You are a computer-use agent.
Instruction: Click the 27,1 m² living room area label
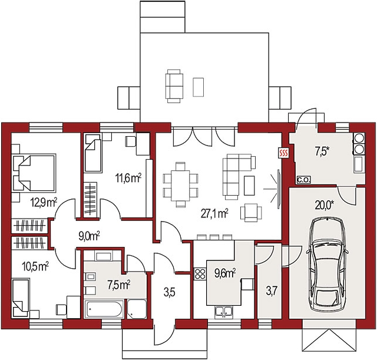214,213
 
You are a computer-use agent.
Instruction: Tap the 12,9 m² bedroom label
44,202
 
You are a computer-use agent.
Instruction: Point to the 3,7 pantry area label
272,291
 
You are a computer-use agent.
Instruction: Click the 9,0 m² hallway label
89,236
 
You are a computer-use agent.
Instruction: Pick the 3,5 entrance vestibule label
170,293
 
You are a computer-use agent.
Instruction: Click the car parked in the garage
327,265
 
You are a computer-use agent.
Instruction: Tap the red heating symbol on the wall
283,153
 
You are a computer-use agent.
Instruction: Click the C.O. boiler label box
304,180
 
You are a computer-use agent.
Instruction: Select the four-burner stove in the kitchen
200,274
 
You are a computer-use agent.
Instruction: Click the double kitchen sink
224,312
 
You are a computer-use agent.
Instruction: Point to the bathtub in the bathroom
104,309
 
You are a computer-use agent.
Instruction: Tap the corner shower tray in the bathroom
137,309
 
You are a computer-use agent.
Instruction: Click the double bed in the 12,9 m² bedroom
34,173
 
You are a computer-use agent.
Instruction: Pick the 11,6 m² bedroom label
128,178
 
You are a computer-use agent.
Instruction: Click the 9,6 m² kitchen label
225,273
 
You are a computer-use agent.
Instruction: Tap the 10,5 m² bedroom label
35,267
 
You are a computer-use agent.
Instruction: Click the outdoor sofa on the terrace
174,86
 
